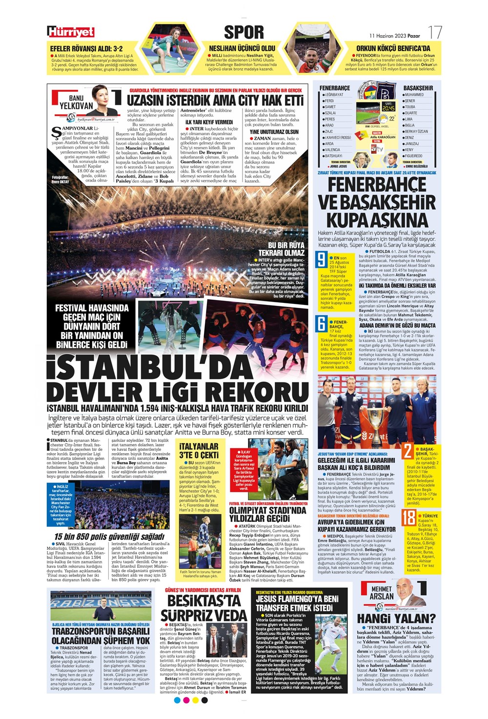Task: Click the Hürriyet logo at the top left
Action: (x=71, y=32)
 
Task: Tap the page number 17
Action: (x=435, y=33)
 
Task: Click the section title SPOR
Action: (x=244, y=32)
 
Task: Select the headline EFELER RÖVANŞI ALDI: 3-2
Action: (x=86, y=49)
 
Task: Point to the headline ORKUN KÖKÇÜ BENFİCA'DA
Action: (x=393, y=48)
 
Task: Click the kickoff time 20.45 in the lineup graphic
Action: (x=388, y=108)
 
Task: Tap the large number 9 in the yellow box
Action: (x=321, y=260)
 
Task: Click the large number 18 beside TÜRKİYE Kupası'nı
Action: (x=408, y=518)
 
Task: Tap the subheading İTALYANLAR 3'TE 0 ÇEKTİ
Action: (x=199, y=451)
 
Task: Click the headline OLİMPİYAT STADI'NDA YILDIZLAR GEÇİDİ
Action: (x=268, y=514)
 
